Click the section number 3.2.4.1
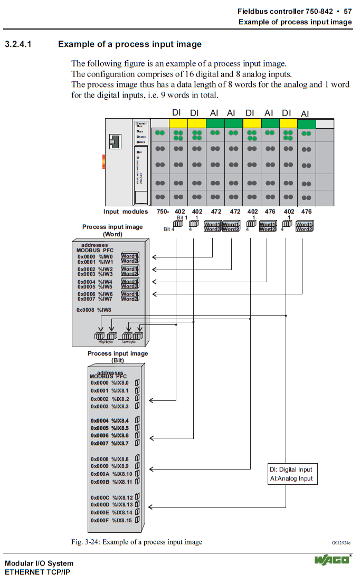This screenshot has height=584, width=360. [x=18, y=44]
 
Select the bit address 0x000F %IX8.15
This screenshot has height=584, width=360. [x=111, y=520]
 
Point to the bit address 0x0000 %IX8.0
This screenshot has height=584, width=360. [x=109, y=383]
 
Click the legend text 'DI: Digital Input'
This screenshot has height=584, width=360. [x=291, y=470]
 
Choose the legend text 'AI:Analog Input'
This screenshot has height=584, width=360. [x=291, y=479]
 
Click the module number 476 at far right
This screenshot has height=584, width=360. [x=306, y=212]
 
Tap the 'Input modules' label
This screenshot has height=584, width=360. [x=126, y=212]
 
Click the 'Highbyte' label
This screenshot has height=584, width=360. [x=106, y=342]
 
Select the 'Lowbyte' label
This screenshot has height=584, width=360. [x=129, y=342]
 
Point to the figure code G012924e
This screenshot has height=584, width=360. [x=341, y=543]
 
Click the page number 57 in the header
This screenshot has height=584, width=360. [x=347, y=11]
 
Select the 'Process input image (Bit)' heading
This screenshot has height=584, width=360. [x=117, y=357]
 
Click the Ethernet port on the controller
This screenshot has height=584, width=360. [x=113, y=141]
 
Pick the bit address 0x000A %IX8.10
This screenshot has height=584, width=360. [x=111, y=474]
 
